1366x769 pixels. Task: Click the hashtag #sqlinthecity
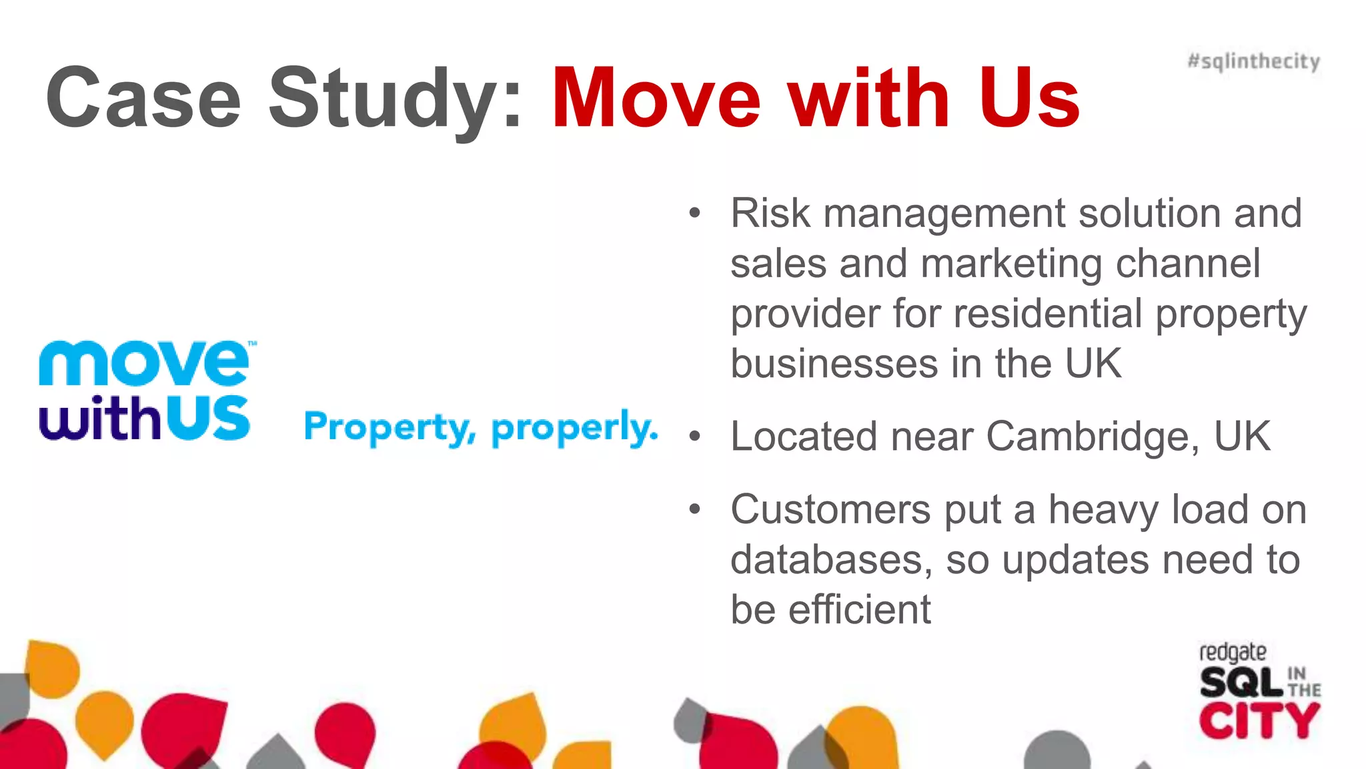click(1253, 61)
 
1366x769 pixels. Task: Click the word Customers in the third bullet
click(831, 510)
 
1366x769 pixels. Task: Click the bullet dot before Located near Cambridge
click(695, 437)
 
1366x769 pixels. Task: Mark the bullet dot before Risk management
click(695, 214)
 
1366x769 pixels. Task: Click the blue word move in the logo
click(144, 363)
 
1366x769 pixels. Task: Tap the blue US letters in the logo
click(207, 418)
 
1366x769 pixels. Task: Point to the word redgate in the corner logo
click(1232, 652)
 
